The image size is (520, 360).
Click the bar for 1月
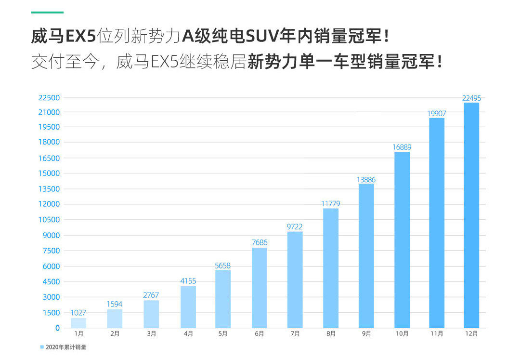(78, 322)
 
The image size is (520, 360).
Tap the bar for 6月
(260, 288)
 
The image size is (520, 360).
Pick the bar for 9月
(366, 255)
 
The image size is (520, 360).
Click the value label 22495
(471, 98)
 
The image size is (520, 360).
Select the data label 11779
(331, 203)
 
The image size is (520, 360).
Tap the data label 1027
(78, 313)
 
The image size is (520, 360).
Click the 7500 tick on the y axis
(51, 251)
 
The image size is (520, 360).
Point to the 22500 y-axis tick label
(49, 97)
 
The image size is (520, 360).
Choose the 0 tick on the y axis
(58, 328)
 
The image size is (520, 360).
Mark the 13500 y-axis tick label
(49, 189)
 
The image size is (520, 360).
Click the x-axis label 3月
(151, 333)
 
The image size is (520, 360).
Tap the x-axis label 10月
(402, 333)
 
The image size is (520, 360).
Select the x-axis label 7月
(295, 333)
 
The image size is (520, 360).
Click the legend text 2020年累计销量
(66, 347)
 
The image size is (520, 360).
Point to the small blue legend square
(42, 347)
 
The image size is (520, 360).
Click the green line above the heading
(47, 13)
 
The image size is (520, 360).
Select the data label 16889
(402, 147)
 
